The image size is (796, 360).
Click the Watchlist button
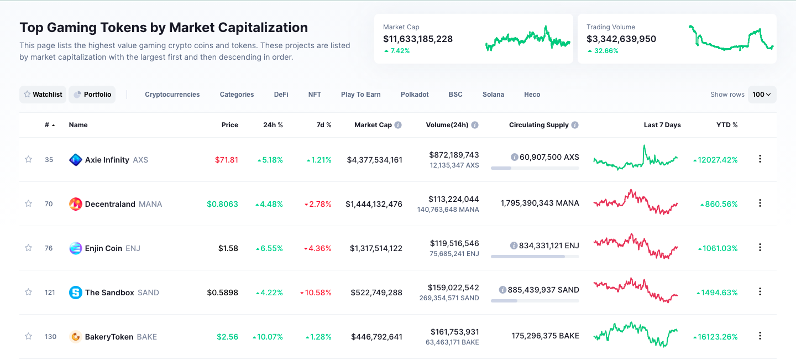click(x=43, y=95)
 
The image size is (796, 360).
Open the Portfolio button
click(x=92, y=95)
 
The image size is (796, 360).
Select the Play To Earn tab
click(x=360, y=95)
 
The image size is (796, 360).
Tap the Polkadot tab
click(x=415, y=95)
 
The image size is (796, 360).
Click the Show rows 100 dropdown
click(x=762, y=95)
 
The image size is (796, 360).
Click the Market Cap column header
click(x=373, y=125)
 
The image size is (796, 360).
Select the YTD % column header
click(x=727, y=125)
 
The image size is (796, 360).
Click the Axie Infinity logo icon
click(x=76, y=160)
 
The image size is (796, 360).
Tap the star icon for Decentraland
click(x=28, y=204)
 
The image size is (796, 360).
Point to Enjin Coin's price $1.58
click(x=228, y=248)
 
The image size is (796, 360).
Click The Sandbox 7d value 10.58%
click(x=318, y=293)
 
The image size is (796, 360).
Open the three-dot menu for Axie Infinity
click(x=760, y=159)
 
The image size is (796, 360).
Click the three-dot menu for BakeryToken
click(x=760, y=336)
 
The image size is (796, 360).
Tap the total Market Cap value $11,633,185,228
click(x=418, y=39)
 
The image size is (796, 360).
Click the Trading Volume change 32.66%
click(x=606, y=51)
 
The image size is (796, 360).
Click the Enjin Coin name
click(x=103, y=248)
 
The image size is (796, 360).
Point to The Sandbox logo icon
click(x=76, y=293)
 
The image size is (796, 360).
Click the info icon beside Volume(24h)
click(x=475, y=125)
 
